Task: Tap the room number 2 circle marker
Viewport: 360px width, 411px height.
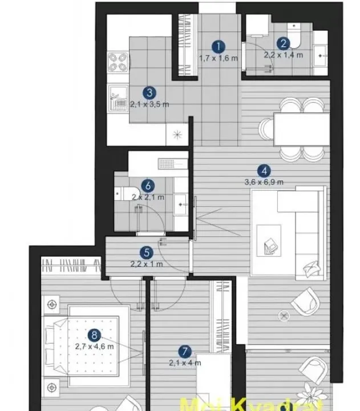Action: click(x=283, y=44)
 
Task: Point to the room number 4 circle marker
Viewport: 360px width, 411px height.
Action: click(x=263, y=170)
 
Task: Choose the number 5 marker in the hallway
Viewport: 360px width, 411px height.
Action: click(x=148, y=252)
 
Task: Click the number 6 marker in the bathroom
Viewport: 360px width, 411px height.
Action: click(x=148, y=186)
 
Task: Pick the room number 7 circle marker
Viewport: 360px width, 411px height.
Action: click(x=184, y=351)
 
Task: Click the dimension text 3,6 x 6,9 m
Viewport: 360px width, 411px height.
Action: click(x=263, y=182)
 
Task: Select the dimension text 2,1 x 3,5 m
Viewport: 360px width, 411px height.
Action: click(x=149, y=104)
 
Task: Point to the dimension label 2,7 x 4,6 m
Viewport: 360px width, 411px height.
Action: click(x=94, y=346)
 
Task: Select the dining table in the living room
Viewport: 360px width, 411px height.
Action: click(x=301, y=129)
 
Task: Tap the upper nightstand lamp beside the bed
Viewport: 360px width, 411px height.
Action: click(x=53, y=303)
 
